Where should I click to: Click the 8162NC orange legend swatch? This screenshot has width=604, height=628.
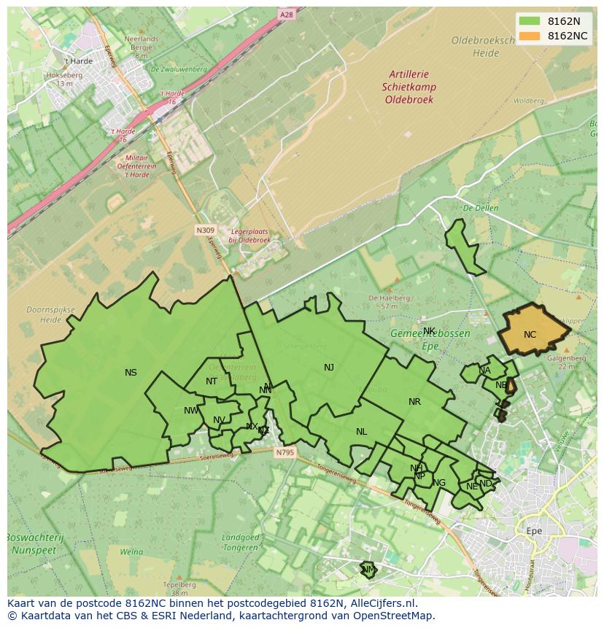[530, 36]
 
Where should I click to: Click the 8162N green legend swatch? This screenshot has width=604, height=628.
[530, 21]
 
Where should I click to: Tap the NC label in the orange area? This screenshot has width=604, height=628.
[530, 335]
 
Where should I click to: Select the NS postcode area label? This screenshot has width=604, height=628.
[131, 373]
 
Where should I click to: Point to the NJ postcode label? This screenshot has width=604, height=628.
[329, 368]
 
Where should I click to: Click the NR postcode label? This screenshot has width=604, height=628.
[414, 402]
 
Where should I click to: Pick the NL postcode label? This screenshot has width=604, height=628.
[361, 432]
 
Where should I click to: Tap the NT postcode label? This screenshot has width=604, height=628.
[212, 381]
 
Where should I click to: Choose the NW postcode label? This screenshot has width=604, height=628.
[191, 411]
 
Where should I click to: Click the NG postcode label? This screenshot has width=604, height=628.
[439, 483]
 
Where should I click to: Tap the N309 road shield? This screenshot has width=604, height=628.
[206, 230]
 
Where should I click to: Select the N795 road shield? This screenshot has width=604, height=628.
[285, 452]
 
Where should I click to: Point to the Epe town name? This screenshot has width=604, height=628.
[534, 531]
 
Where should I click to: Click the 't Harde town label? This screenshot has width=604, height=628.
[78, 61]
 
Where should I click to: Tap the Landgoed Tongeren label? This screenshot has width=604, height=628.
[240, 542]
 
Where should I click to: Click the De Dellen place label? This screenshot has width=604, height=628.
[481, 208]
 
